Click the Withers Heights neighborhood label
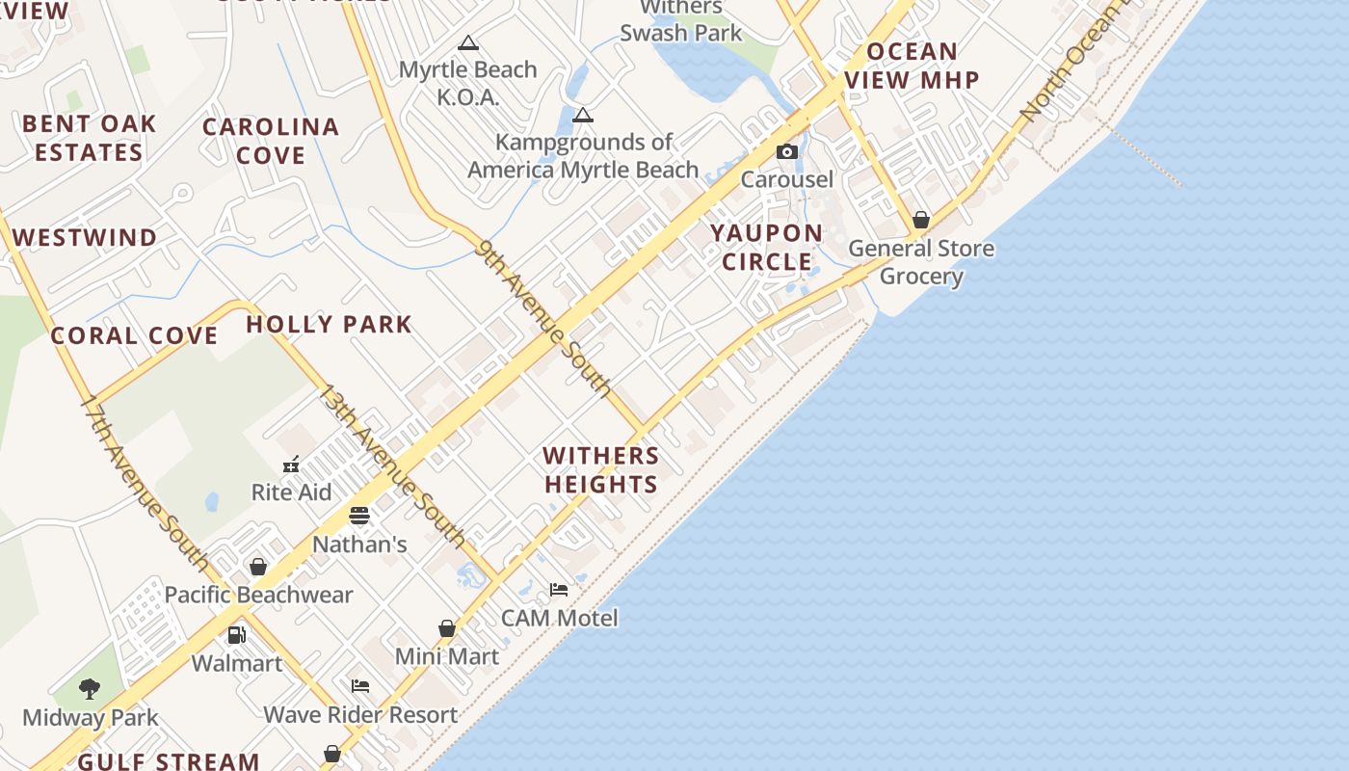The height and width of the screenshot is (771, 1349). (x=601, y=469)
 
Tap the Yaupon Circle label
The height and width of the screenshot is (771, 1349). (x=767, y=247)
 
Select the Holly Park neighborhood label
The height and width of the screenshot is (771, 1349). (x=329, y=324)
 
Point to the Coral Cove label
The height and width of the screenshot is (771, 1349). (x=134, y=335)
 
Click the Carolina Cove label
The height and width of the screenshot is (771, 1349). (x=271, y=141)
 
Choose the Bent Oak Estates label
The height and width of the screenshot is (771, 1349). (x=89, y=138)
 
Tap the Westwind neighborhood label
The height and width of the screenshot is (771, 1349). (x=85, y=237)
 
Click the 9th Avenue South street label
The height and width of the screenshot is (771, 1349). (x=543, y=319)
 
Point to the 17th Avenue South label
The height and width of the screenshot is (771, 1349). (x=144, y=481)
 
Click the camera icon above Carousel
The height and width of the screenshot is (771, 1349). (x=787, y=151)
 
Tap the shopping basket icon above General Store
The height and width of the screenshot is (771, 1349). (x=921, y=220)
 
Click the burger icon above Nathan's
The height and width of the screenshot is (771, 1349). (x=359, y=516)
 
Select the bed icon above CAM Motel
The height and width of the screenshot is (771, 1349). (x=559, y=589)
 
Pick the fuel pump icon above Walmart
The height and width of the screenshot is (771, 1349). (x=236, y=635)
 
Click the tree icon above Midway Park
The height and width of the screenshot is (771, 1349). (x=90, y=688)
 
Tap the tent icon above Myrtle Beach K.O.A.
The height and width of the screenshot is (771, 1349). (x=468, y=42)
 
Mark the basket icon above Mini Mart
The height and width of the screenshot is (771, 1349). (x=447, y=628)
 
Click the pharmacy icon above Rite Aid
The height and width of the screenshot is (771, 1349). (x=291, y=465)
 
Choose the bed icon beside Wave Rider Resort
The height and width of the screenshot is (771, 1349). (x=360, y=686)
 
